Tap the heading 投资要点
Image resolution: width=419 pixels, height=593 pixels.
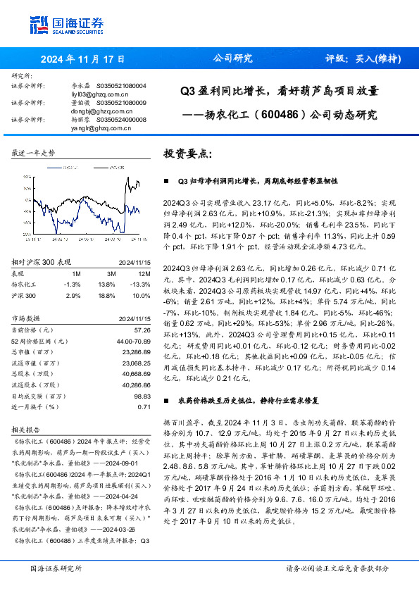[187, 154]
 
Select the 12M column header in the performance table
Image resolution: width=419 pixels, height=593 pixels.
[144, 273]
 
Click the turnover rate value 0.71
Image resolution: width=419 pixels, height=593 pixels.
[145, 407]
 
